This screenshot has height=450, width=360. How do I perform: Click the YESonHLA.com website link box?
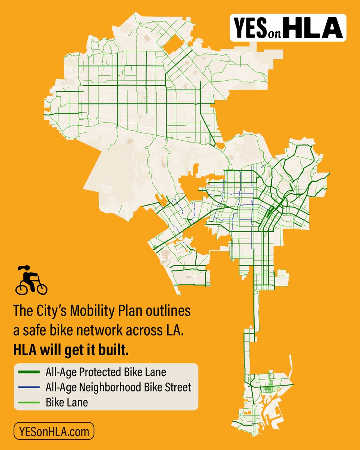click(x=53, y=431)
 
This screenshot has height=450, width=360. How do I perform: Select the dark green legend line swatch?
click(x=29, y=372)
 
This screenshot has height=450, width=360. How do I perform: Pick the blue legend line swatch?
click(x=29, y=387)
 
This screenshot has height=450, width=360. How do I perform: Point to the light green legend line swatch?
click(x=29, y=403)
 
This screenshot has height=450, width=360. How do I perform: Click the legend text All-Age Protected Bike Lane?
click(x=105, y=372)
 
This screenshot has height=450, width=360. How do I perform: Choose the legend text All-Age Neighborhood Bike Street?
click(x=118, y=387)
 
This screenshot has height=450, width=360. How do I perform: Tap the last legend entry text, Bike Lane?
click(x=67, y=403)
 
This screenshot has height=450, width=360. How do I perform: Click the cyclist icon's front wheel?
click(x=41, y=288)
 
